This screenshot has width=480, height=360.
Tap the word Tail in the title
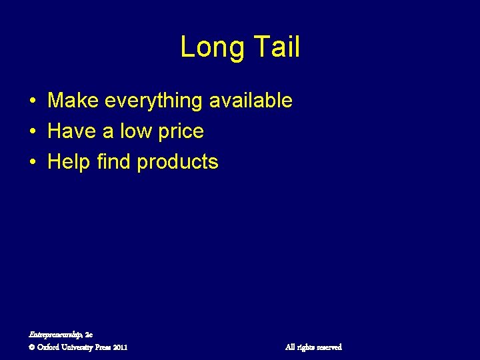click(x=274, y=47)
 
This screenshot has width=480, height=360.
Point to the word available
click(x=251, y=101)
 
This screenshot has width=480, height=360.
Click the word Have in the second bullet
click(x=71, y=131)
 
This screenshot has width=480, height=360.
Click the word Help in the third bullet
click(x=69, y=163)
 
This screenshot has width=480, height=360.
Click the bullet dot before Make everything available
click(x=32, y=101)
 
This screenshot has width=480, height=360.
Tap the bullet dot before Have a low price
click(x=32, y=132)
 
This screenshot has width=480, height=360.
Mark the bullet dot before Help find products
click(x=32, y=163)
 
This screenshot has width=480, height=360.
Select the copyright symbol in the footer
click(x=33, y=347)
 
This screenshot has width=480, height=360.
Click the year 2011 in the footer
click(x=120, y=347)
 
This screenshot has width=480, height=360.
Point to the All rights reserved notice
click(x=313, y=347)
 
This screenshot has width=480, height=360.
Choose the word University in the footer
click(x=77, y=347)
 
